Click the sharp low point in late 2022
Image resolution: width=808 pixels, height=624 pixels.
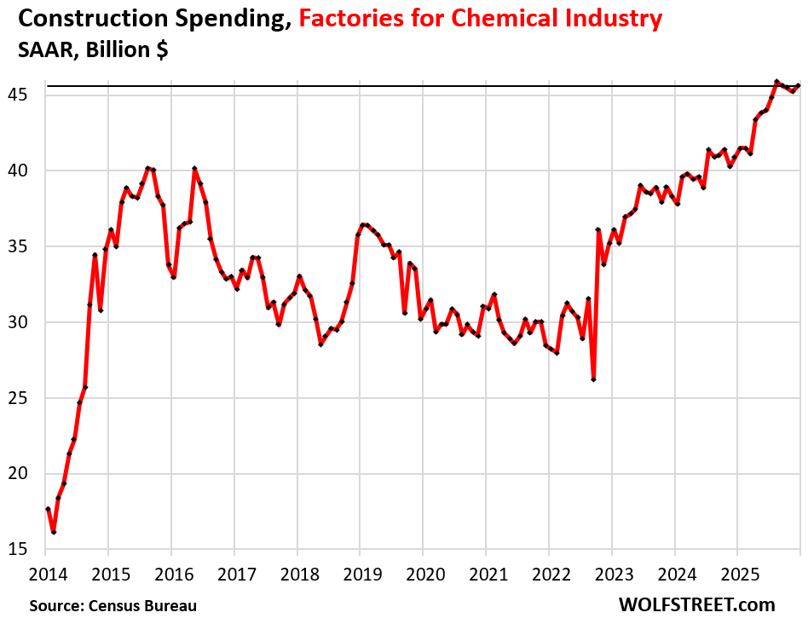[x=593, y=379]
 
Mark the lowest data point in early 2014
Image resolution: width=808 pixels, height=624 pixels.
[x=53, y=532]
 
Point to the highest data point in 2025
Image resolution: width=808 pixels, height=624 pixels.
[x=776, y=82]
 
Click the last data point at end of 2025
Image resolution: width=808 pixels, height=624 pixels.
[x=798, y=85]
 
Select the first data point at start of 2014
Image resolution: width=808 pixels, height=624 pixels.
[x=48, y=509]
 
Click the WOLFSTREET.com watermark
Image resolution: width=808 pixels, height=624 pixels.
[x=696, y=604]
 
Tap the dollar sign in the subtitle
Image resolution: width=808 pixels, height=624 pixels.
[x=159, y=49]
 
